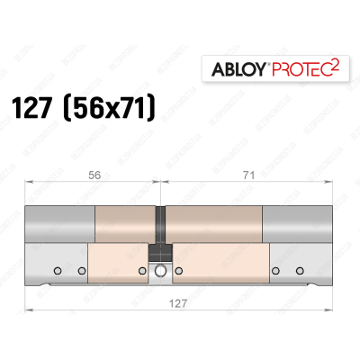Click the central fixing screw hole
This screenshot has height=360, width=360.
pos(162,271)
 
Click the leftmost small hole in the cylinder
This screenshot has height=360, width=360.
pos(56,270)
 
